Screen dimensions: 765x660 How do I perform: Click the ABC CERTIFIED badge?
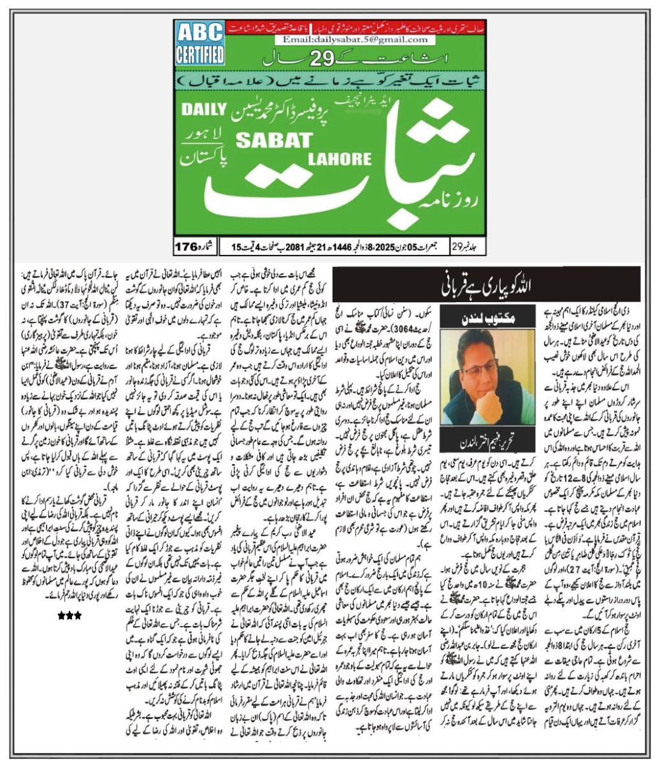point(199,41)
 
